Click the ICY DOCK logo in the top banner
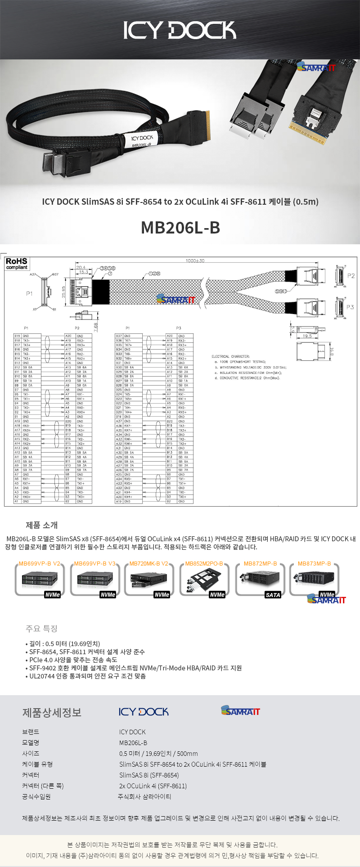coord(180,30)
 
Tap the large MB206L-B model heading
coord(180,228)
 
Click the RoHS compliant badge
coord(17,264)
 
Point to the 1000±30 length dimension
coord(195,261)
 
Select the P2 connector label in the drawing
coord(351,276)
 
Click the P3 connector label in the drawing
coord(350,307)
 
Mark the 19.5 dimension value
coord(307,336)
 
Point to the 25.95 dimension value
coord(63,292)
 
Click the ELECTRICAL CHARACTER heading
coord(230,356)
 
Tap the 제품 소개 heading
coord(41,525)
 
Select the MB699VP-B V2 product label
coord(40,564)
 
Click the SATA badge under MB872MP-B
coord(273,595)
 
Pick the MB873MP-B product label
coord(314,564)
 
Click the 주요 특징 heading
coord(41,628)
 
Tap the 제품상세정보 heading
coord(52,713)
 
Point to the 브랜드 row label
coord(31,732)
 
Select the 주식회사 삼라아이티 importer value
coord(144,797)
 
